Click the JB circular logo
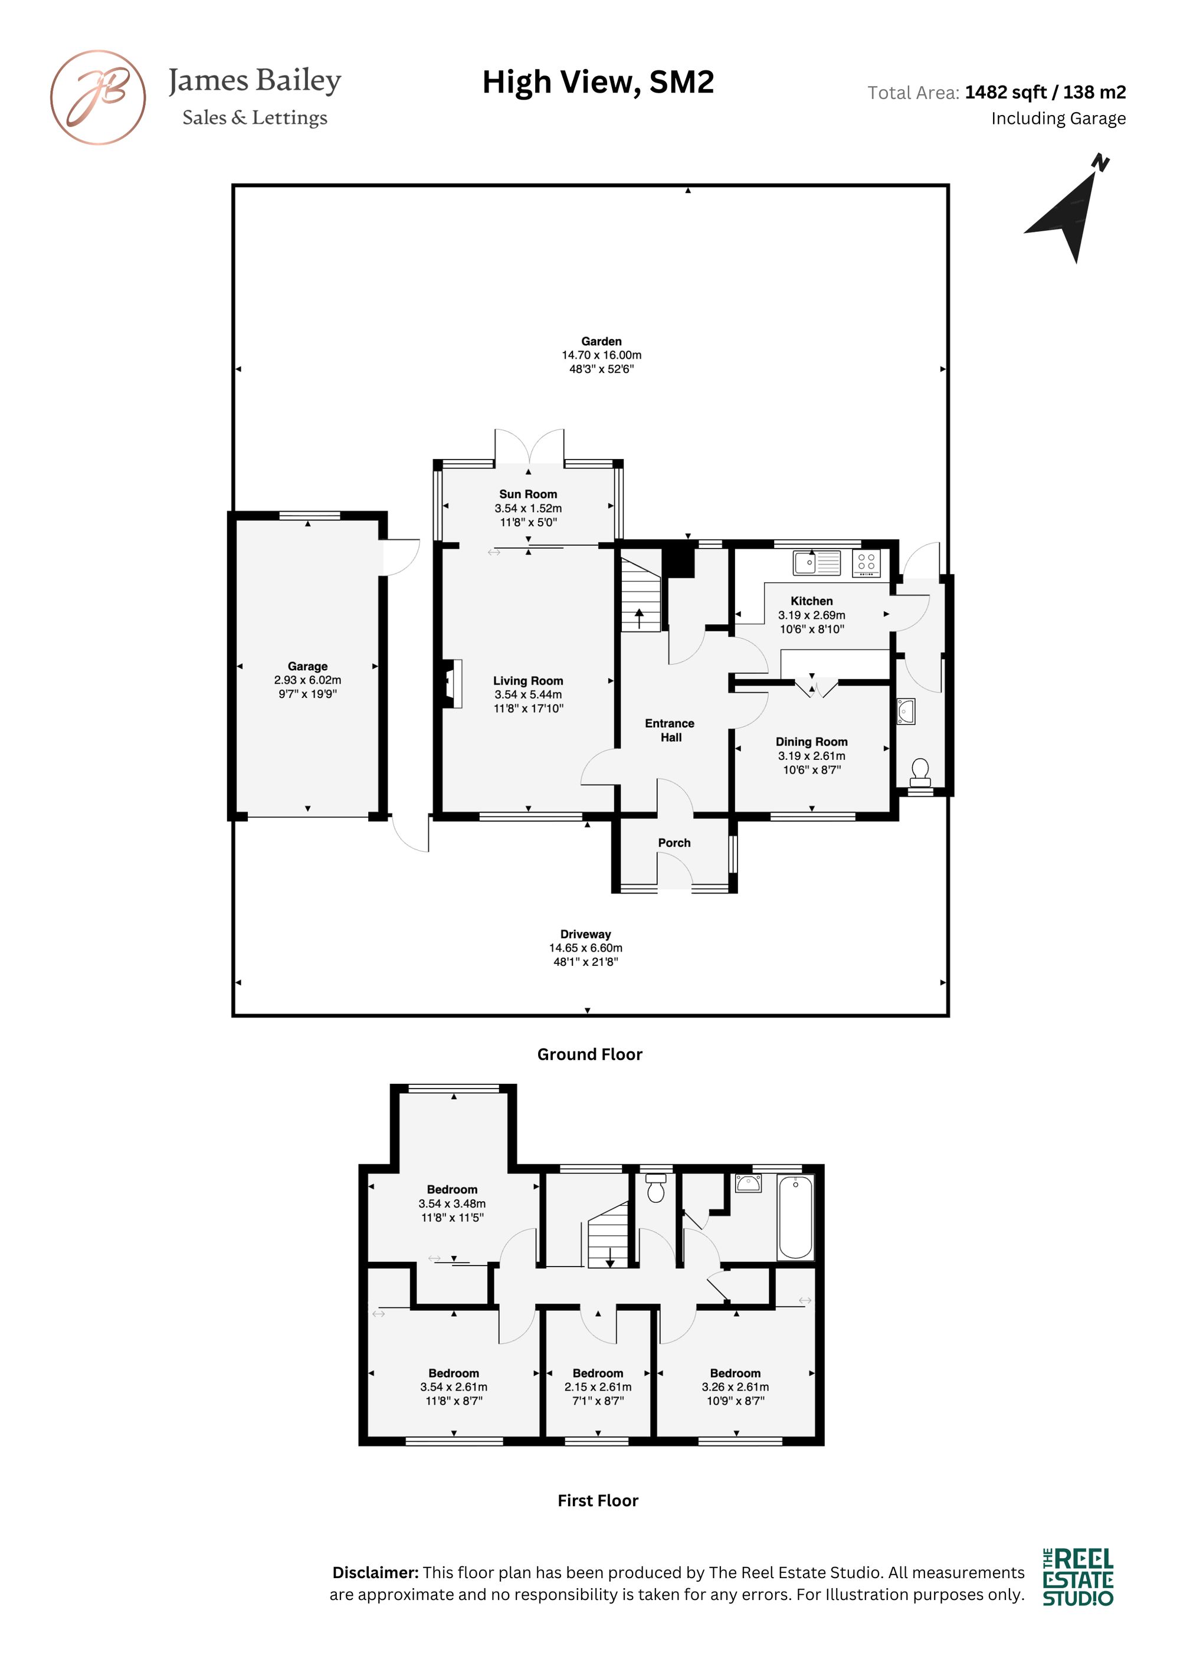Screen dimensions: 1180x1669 (97, 97)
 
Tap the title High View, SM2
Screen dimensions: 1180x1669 (598, 82)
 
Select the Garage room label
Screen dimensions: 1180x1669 (307, 666)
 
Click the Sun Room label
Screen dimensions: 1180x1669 (528, 494)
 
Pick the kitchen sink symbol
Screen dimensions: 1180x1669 (817, 563)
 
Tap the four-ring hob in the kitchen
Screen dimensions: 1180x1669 (866, 563)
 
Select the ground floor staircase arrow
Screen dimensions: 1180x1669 (640, 619)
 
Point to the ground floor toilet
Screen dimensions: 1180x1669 (920, 771)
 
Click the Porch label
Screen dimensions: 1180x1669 (674, 842)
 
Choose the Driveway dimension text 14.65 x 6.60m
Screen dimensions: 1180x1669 (585, 948)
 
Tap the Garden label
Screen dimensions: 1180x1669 (601, 341)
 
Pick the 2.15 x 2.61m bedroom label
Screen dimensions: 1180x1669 (598, 1387)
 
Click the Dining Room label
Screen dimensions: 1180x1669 (811, 742)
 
